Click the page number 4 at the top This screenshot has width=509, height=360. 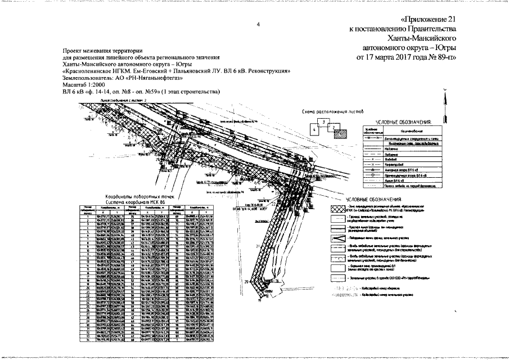(258, 24)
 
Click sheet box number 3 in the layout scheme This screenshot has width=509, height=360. (323, 121)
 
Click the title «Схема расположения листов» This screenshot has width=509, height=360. (329, 112)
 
